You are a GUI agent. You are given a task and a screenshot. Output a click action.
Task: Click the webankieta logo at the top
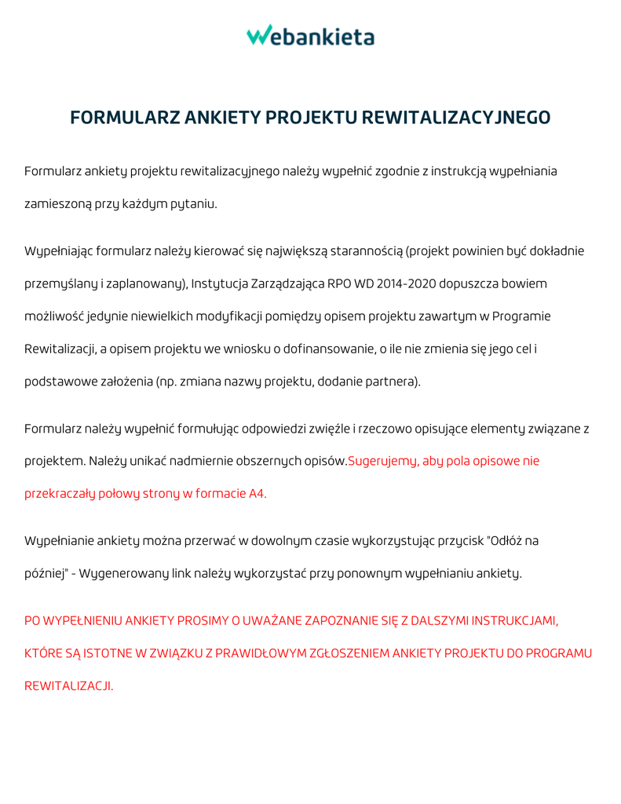(310, 35)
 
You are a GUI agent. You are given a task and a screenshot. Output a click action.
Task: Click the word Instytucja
(221, 283)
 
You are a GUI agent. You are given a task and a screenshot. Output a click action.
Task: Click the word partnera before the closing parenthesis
(393, 382)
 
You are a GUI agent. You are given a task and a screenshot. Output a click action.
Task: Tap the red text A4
(257, 494)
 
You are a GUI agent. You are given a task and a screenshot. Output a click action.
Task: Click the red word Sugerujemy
(382, 461)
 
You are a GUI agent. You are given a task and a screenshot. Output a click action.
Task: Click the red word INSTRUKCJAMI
(514, 621)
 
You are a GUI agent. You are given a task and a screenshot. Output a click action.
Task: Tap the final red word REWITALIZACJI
(69, 685)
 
